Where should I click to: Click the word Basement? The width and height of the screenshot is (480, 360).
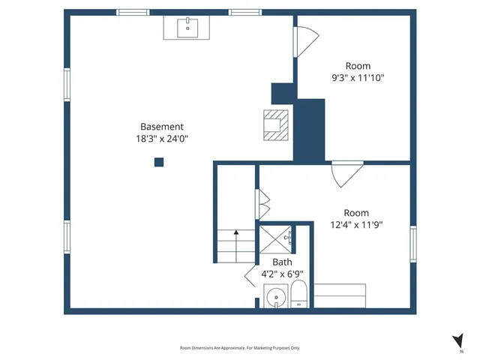(x=161, y=127)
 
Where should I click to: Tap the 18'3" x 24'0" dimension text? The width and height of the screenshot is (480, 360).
(x=161, y=139)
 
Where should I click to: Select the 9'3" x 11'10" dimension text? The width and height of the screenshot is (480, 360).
(x=358, y=77)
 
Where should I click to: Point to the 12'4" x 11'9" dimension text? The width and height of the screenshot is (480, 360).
(x=356, y=224)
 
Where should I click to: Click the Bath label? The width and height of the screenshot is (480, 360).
(x=282, y=262)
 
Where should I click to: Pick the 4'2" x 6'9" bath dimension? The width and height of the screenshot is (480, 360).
(x=282, y=274)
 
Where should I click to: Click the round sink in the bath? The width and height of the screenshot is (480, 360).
(x=276, y=298)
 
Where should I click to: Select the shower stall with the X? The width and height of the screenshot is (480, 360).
(x=274, y=239)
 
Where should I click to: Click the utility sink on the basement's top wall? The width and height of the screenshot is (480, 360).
(x=186, y=28)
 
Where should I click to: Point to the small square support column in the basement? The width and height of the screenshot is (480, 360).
(x=159, y=161)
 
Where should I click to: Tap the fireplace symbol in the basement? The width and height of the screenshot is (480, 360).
(x=274, y=124)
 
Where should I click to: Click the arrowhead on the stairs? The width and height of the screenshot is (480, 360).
(x=236, y=233)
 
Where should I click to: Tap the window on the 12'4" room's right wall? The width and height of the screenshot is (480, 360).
(x=412, y=244)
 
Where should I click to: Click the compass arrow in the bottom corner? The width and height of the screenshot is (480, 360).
(x=457, y=340)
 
